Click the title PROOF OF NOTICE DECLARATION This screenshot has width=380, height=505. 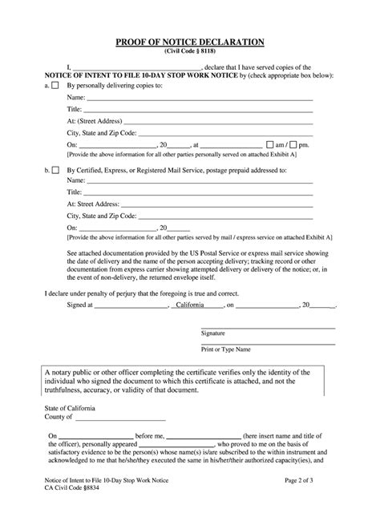(190, 42)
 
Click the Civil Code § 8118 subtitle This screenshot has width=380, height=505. (190, 51)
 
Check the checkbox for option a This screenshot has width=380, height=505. (55, 84)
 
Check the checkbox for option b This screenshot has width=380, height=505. (55, 171)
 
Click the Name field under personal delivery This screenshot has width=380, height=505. (200, 96)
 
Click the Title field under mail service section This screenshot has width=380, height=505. (200, 192)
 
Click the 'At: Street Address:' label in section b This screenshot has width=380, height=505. (94, 204)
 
